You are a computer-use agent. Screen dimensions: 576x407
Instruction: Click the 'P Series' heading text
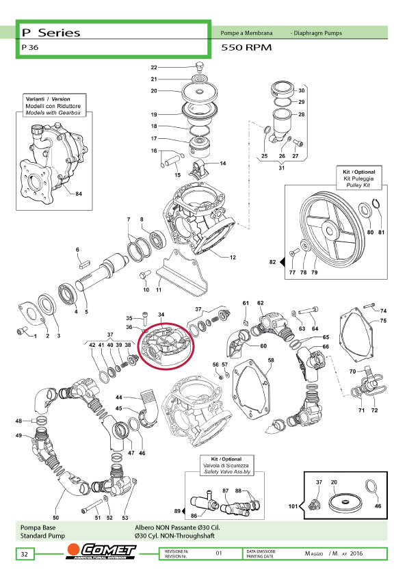[51, 32]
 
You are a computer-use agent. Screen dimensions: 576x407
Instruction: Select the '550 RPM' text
[247, 49]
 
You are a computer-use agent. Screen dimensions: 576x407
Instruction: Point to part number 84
[78, 194]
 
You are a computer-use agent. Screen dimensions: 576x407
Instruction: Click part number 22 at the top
[154, 68]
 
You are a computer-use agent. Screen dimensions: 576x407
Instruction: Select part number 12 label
[233, 257]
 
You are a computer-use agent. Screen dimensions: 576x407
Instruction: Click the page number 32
[24, 553]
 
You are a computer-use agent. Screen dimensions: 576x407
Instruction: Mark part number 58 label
[271, 361]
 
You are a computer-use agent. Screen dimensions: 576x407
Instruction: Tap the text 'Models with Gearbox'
[53, 112]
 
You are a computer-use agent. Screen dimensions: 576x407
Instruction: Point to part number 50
[56, 519]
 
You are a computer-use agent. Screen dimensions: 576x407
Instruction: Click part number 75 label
[383, 321]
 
